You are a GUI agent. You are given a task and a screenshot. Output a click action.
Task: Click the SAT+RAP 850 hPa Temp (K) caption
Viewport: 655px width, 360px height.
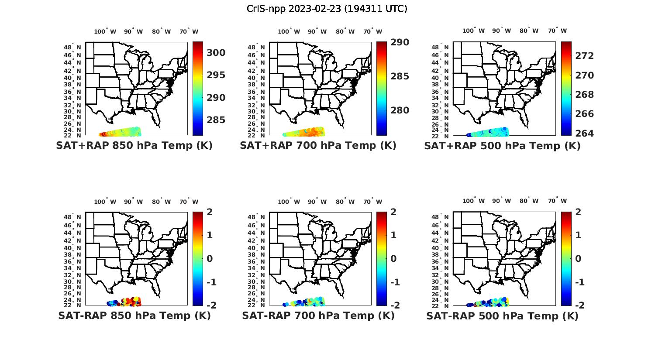click(x=134, y=146)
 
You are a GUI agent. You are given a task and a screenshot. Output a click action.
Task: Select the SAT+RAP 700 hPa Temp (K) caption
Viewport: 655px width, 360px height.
click(x=318, y=146)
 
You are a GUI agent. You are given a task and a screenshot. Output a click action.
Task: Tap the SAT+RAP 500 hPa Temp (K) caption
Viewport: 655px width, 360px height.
click(x=502, y=146)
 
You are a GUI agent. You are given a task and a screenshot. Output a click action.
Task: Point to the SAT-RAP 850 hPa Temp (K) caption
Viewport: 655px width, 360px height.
click(x=134, y=315)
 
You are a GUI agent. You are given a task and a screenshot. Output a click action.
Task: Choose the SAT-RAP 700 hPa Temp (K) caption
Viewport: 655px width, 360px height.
click(x=318, y=315)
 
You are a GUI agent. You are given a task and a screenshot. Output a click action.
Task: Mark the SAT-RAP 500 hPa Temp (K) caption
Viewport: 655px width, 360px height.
click(x=502, y=316)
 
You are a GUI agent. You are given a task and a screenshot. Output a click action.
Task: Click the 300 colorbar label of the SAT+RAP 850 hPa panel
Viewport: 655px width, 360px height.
click(x=216, y=53)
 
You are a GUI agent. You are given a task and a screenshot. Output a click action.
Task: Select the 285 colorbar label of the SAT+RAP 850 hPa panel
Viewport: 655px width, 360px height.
click(x=216, y=120)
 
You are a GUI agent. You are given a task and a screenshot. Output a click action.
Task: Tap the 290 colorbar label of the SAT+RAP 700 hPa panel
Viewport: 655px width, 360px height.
click(x=400, y=42)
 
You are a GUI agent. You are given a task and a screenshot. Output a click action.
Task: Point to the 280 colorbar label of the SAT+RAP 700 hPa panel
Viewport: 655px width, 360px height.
click(x=400, y=110)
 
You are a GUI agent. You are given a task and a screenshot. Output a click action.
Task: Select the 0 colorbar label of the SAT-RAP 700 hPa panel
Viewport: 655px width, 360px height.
click(x=394, y=258)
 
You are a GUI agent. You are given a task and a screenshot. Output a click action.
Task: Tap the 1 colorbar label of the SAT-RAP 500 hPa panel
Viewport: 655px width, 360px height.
click(x=579, y=235)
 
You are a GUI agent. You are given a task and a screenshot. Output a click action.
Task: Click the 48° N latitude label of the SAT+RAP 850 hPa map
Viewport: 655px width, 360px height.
click(x=72, y=47)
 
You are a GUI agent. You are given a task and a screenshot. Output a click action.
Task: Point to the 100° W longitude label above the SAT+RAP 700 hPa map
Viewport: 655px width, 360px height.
click(x=289, y=31)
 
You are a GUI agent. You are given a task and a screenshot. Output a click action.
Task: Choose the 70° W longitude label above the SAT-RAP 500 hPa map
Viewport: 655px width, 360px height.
click(x=557, y=201)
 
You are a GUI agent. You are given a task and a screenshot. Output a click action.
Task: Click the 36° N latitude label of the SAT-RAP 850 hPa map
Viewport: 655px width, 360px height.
click(x=72, y=261)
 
